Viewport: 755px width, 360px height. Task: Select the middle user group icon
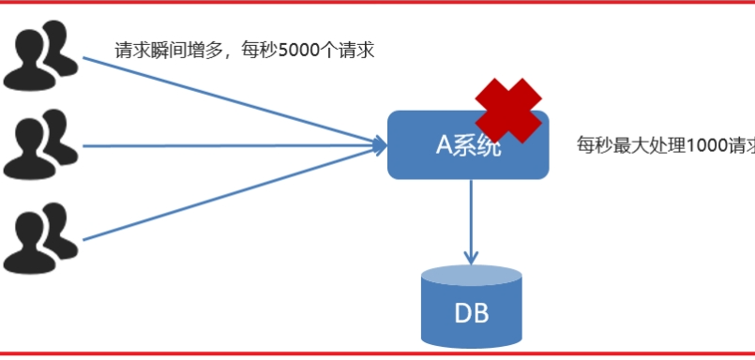[40, 145]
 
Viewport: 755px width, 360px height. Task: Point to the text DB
[471, 313]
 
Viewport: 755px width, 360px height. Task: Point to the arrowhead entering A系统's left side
[380, 144]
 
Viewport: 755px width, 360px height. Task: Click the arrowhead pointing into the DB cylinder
[471, 256]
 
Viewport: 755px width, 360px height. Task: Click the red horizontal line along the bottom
[375, 354]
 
